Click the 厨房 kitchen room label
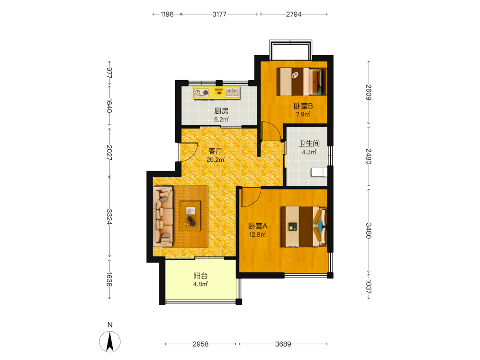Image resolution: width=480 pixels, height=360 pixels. click(x=221, y=111)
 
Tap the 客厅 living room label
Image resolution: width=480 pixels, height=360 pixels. click(x=215, y=151)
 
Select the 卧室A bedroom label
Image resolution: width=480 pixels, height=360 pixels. click(x=258, y=226)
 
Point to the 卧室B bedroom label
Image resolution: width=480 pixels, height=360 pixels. click(x=303, y=106)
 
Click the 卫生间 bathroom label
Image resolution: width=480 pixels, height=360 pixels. click(x=309, y=144)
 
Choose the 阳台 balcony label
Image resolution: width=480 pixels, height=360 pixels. click(x=201, y=276)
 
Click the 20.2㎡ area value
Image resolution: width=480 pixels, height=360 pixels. click(x=216, y=159)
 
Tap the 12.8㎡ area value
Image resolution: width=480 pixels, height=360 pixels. click(x=258, y=235)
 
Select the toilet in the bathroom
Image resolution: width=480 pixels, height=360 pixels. click(x=319, y=172)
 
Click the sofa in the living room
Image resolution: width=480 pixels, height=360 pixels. click(x=163, y=216)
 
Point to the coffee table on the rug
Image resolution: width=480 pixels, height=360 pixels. click(x=190, y=216)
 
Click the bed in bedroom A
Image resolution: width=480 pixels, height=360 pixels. click(x=304, y=226)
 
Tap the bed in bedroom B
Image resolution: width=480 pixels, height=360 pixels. click(x=301, y=82)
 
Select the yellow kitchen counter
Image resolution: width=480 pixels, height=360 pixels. click(x=217, y=93)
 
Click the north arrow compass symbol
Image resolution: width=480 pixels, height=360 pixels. click(x=110, y=341)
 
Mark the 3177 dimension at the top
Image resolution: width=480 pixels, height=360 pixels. click(x=219, y=14)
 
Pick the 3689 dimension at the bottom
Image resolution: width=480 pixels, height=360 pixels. click(x=283, y=344)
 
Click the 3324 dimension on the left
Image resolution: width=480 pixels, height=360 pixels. click(x=109, y=217)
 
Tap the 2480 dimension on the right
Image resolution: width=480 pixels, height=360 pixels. click(x=369, y=156)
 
